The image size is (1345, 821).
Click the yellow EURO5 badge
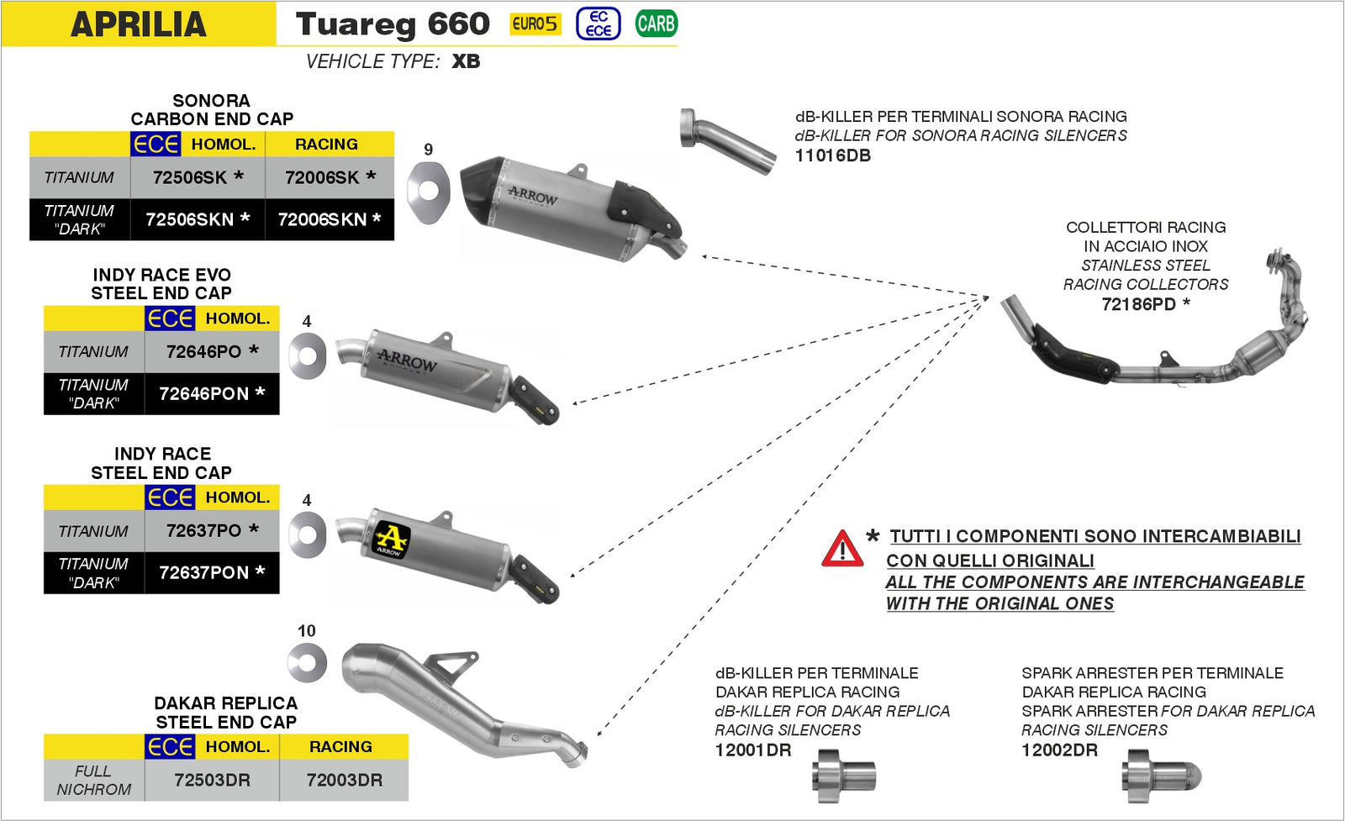[535, 24]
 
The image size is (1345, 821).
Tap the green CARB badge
[656, 24]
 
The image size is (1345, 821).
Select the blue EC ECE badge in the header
[598, 24]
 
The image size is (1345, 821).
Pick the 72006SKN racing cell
[329, 219]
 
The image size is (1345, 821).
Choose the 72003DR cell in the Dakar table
[344, 780]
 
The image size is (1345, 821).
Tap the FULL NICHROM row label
[93, 780]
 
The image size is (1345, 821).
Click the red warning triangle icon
[841, 550]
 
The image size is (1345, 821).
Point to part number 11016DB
[832, 155]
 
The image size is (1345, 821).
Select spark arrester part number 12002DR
[1059, 750]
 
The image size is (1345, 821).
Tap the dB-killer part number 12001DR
[753, 750]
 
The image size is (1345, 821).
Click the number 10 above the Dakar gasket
[306, 630]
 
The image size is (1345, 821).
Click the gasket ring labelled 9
[428, 192]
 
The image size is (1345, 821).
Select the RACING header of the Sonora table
[326, 145]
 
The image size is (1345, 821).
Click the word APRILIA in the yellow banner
[139, 24]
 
